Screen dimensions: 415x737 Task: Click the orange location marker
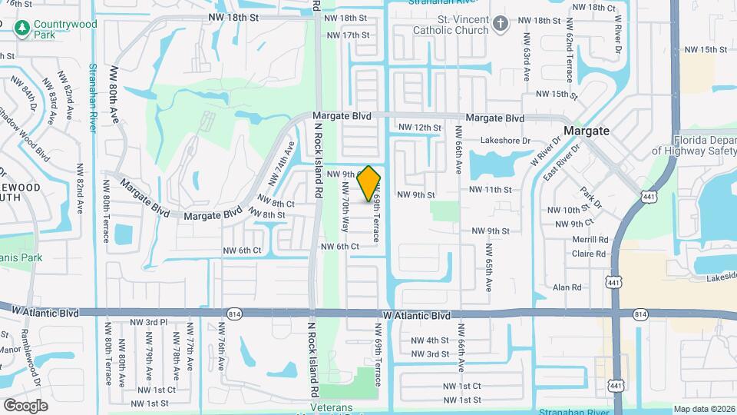click(x=369, y=183)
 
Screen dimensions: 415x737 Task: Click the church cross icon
click(x=501, y=24)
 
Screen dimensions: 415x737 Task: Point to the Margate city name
click(x=587, y=131)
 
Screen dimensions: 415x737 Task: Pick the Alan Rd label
click(x=567, y=287)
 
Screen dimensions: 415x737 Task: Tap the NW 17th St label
click(x=348, y=35)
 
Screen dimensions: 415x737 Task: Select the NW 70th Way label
click(x=346, y=212)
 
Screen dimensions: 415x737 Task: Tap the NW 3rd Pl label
click(x=149, y=322)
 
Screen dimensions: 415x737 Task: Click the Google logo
click(x=25, y=405)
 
